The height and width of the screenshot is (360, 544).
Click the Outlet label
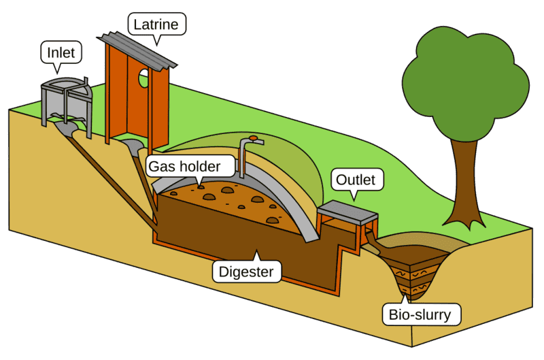pyautogui.click(x=356, y=180)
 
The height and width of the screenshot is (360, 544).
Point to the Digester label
pyautogui.click(x=246, y=272)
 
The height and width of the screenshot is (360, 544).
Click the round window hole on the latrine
pyautogui.click(x=143, y=80)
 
